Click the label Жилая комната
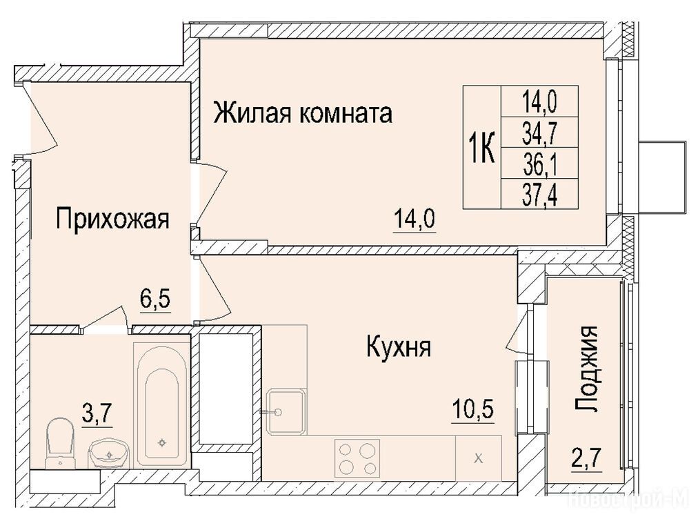pos(303,112)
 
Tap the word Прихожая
pos(112,219)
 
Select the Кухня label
pos(399,346)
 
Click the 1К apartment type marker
pos(481,148)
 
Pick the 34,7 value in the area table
pos(539,132)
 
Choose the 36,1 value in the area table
pos(539,163)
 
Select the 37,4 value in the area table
pos(539,194)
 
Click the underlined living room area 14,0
pos(415,219)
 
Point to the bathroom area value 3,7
pos(97,415)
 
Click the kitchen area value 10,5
pos(472,410)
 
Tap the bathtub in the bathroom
pos(161,404)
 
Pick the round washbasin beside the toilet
pos(109,453)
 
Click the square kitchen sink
pos(286,411)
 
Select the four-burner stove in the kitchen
pos(357,458)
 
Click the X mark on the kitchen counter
pos(479,458)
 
